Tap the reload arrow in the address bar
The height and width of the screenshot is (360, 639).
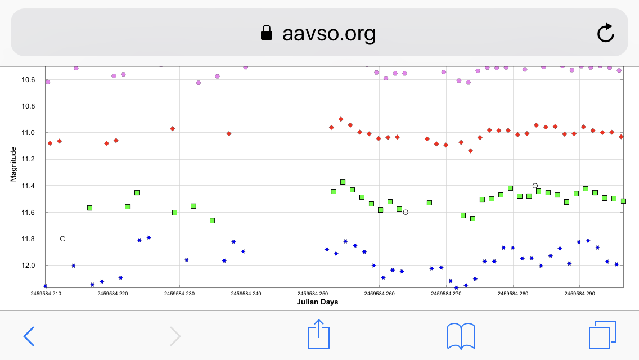click(605, 33)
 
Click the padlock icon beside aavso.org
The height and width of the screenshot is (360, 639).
click(267, 33)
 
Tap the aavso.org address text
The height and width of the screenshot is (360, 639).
click(329, 34)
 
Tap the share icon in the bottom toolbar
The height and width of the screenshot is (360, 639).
click(319, 335)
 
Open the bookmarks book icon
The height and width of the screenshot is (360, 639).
click(461, 336)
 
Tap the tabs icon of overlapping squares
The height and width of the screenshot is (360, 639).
click(602, 336)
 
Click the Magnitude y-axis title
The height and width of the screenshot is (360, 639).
click(13, 164)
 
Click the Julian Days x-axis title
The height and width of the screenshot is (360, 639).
click(317, 302)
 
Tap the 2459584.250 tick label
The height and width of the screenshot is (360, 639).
click(313, 293)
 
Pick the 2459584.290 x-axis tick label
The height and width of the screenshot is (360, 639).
click(580, 293)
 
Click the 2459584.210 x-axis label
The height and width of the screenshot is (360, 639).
click(47, 293)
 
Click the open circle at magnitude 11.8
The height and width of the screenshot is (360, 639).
click(62, 238)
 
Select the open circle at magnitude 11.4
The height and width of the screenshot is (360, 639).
click(535, 186)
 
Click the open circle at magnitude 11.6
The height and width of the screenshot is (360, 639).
click(406, 212)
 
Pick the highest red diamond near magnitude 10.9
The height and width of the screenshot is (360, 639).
click(341, 119)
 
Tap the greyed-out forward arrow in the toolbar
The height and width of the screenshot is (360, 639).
click(175, 336)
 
